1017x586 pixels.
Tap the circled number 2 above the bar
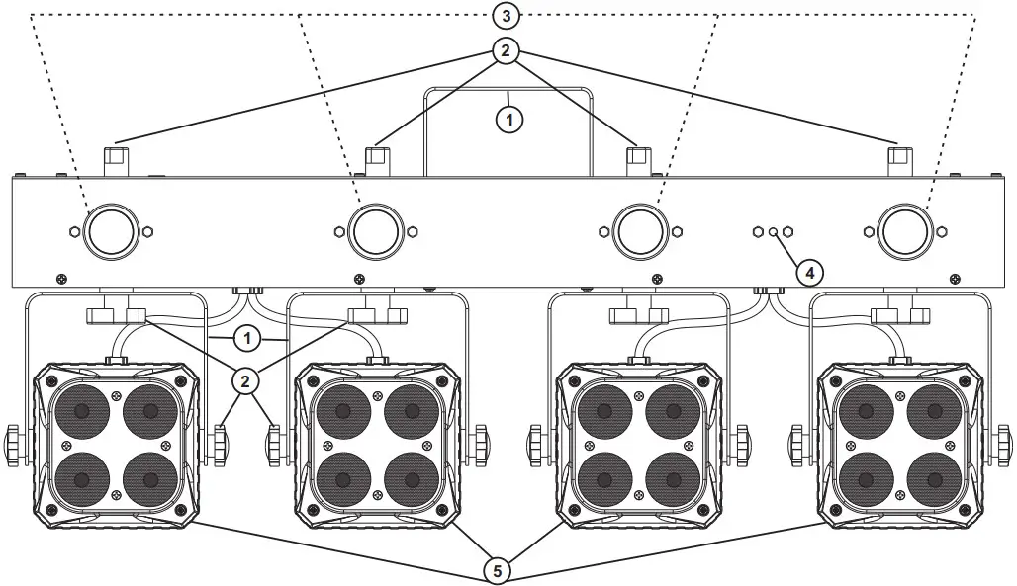pyautogui.click(x=506, y=51)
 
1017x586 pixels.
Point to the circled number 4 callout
pyautogui.click(x=808, y=270)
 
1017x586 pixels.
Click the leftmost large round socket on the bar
pyautogui.click(x=111, y=231)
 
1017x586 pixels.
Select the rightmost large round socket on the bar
pyautogui.click(x=904, y=231)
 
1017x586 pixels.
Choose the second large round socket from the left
pyautogui.click(x=376, y=231)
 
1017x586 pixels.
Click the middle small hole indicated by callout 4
pyautogui.click(x=773, y=231)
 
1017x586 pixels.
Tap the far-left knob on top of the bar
pyautogui.click(x=117, y=155)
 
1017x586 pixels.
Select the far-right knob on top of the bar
pyautogui.click(x=898, y=155)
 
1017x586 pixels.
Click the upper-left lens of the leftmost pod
pyautogui.click(x=82, y=409)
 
